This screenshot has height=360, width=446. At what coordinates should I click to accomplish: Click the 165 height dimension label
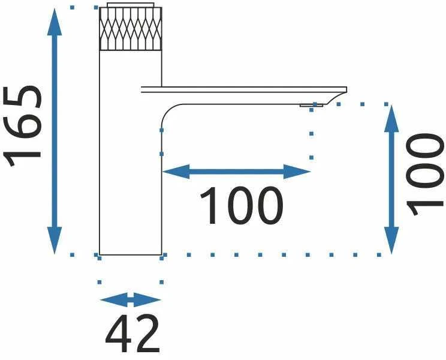point(22,125)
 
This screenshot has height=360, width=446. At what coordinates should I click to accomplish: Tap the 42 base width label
point(132,334)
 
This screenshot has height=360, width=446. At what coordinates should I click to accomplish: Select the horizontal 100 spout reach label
point(242,205)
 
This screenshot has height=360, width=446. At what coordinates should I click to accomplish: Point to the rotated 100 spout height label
point(424,175)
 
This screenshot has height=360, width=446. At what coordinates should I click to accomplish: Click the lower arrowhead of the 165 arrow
point(55,240)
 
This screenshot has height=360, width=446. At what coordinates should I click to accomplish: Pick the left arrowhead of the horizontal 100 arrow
point(176,172)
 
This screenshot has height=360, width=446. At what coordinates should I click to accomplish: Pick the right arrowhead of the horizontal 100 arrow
point(297,172)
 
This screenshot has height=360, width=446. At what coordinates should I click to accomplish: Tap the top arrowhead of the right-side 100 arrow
point(391,119)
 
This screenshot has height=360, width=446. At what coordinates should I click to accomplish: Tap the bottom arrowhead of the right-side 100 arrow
point(391,240)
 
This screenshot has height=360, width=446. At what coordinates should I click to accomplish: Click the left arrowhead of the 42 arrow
point(114,299)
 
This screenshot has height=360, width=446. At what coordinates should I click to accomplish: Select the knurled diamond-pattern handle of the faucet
point(131,29)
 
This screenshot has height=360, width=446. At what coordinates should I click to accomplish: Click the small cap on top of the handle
point(131,5)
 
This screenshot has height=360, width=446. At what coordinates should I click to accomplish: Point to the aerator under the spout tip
point(311,105)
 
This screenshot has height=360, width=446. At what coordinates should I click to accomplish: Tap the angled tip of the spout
point(337,96)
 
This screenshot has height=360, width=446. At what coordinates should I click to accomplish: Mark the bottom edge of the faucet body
point(131,255)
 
